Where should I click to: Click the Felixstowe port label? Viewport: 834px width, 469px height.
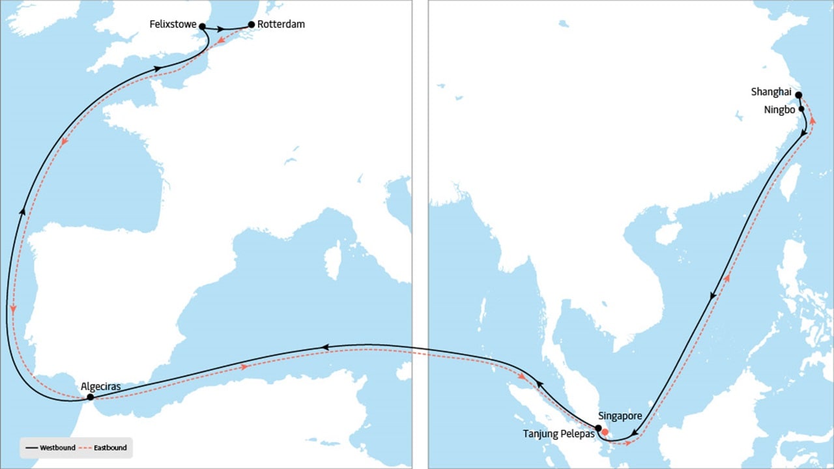(x=173, y=24)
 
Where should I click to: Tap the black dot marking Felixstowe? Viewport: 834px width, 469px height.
(x=202, y=27)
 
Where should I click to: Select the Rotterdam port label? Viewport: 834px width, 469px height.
(x=281, y=24)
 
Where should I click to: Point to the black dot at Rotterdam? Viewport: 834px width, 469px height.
(x=252, y=25)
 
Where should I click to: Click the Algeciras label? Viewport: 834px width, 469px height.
(x=101, y=386)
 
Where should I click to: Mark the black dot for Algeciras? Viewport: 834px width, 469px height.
(x=90, y=397)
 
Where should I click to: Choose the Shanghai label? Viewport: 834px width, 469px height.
(x=771, y=92)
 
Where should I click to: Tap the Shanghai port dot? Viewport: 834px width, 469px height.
(x=798, y=94)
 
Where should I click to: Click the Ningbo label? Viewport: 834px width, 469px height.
(x=779, y=109)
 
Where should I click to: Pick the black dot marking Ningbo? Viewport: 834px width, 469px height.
(x=801, y=109)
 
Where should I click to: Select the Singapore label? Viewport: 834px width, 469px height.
(x=620, y=416)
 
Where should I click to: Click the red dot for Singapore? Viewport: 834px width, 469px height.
(x=605, y=432)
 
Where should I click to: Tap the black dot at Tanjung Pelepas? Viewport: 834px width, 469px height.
(x=598, y=428)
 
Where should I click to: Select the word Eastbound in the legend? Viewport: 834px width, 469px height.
(x=110, y=448)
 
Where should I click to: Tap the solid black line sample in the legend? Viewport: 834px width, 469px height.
(x=31, y=448)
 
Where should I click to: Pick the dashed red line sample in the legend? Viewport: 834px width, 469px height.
(x=85, y=448)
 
